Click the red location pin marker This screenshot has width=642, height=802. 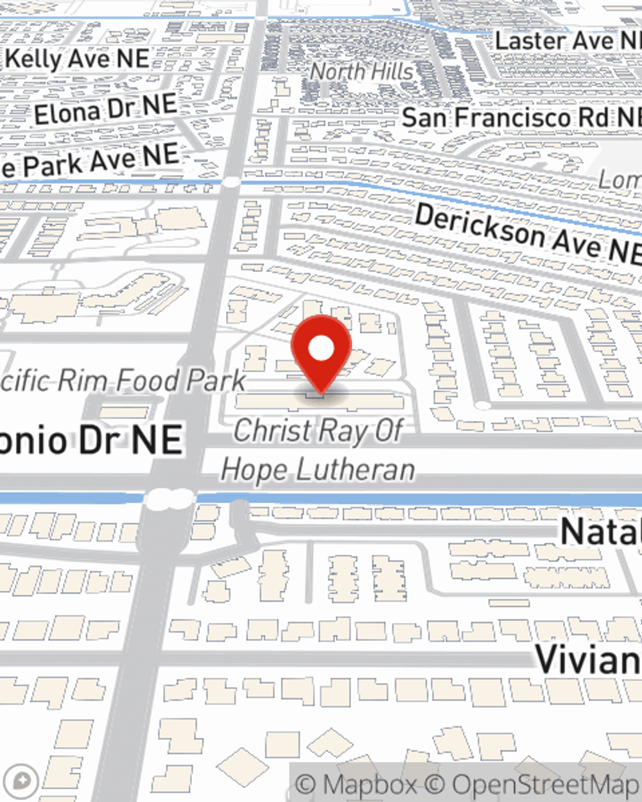[321, 353]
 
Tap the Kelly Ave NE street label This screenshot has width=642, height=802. [77, 60]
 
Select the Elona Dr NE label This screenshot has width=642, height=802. [105, 110]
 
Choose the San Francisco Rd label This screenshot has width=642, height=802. [521, 117]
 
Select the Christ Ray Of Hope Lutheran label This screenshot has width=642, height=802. [318, 450]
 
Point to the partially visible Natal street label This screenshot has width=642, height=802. [600, 531]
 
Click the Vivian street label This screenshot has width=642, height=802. [587, 659]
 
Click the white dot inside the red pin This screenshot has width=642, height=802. [321, 348]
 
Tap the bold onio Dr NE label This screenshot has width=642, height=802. [90, 441]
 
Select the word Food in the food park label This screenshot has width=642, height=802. [147, 380]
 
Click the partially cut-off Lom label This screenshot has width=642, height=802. [620, 180]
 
